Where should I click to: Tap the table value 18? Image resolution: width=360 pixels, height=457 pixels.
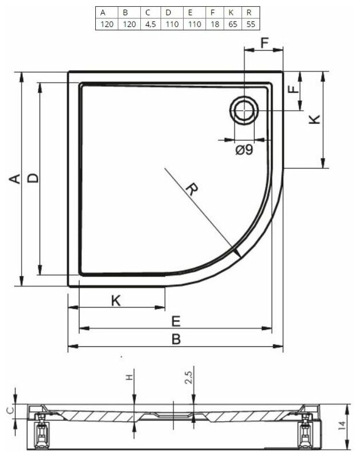pyautogui.click(x=213, y=24)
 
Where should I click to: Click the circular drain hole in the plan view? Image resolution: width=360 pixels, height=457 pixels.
pyautogui.click(x=244, y=110)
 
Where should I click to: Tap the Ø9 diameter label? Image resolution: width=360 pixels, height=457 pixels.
pyautogui.click(x=244, y=150)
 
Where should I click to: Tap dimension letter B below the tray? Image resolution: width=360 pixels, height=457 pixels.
pyautogui.click(x=176, y=339)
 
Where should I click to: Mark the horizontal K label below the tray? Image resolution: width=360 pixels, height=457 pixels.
pyautogui.click(x=116, y=301)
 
